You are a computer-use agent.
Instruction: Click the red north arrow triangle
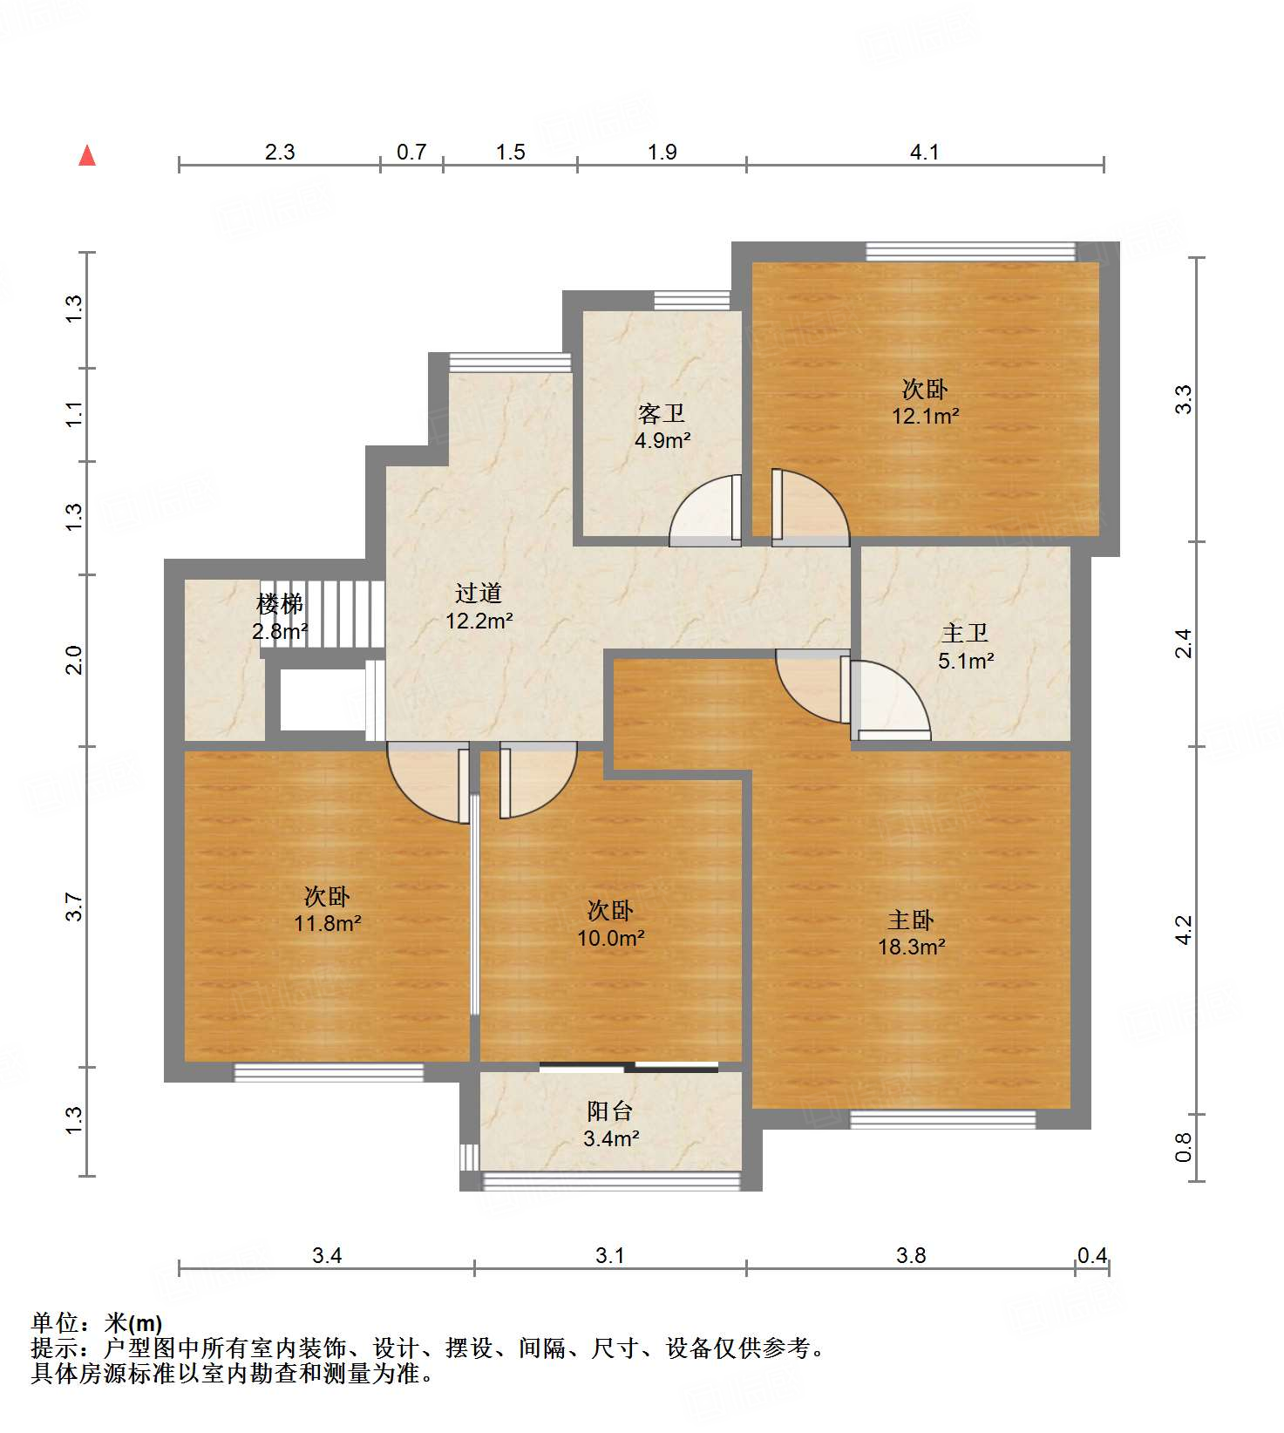click(87, 155)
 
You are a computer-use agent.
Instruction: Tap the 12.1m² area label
click(925, 416)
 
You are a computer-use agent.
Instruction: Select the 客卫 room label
click(662, 413)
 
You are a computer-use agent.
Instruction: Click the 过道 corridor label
click(479, 594)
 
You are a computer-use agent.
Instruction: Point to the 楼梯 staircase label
click(280, 603)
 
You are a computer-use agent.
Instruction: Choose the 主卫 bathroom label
click(965, 634)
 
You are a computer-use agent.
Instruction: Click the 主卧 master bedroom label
click(911, 920)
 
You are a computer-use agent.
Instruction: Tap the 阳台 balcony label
click(610, 1110)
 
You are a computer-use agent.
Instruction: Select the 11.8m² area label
click(328, 922)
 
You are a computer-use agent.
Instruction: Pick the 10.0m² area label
click(611, 938)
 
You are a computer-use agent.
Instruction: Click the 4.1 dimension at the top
click(925, 153)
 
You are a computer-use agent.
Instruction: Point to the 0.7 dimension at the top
click(411, 153)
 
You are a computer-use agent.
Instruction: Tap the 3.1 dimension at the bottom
click(610, 1255)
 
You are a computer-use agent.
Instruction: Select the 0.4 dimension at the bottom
click(1092, 1255)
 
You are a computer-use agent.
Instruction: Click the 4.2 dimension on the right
click(1183, 930)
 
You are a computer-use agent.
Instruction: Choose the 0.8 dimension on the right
click(1183, 1147)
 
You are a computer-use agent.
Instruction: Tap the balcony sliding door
click(628, 1067)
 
